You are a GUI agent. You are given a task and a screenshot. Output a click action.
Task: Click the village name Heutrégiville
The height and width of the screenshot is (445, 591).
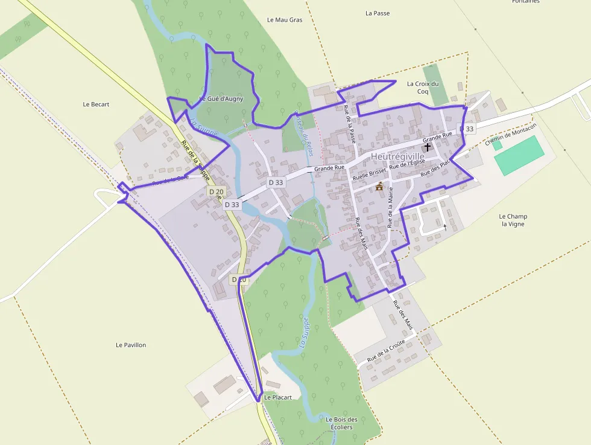[x=397, y=156]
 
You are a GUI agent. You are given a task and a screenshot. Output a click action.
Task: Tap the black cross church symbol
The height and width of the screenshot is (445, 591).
[x=428, y=147]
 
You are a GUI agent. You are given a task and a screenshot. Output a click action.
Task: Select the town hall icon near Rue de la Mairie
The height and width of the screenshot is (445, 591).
[x=379, y=187]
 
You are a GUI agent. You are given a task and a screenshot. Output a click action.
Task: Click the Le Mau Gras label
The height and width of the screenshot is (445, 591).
[x=285, y=20]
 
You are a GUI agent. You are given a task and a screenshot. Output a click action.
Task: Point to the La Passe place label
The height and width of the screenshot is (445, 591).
[x=378, y=13]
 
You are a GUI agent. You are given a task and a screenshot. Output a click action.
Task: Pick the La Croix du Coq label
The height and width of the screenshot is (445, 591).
[x=423, y=88]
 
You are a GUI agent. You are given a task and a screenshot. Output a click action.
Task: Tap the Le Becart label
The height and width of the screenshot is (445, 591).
[x=96, y=104]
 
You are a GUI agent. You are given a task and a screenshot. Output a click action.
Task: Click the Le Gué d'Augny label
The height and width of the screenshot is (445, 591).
[x=221, y=98]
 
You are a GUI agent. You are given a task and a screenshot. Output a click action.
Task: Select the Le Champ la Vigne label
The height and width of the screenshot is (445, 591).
[x=513, y=220]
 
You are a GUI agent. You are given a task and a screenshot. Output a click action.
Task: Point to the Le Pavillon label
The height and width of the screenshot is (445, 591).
[x=131, y=345]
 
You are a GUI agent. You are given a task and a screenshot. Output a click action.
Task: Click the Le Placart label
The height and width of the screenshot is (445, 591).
[x=278, y=397]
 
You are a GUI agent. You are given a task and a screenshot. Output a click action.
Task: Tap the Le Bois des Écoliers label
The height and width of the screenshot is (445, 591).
[x=341, y=423]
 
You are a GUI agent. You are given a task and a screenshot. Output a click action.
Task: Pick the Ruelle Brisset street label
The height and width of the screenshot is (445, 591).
[x=369, y=175]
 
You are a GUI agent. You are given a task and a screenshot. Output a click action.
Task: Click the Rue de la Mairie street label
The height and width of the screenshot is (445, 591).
[x=391, y=207]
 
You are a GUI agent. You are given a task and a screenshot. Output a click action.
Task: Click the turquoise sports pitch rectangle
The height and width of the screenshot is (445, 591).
[x=519, y=155]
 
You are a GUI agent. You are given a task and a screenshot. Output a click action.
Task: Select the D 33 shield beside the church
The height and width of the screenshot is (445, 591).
[x=467, y=129]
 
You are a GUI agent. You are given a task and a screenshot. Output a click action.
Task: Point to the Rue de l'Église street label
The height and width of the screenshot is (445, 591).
[x=408, y=163]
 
